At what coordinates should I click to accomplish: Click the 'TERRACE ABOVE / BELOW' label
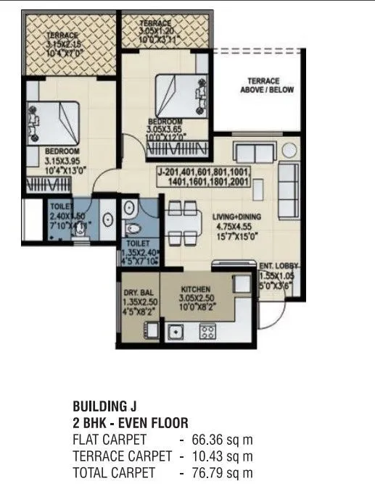(x=263, y=85)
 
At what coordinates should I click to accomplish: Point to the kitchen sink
(x=176, y=332)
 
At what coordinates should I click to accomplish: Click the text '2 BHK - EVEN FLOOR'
(x=131, y=422)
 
